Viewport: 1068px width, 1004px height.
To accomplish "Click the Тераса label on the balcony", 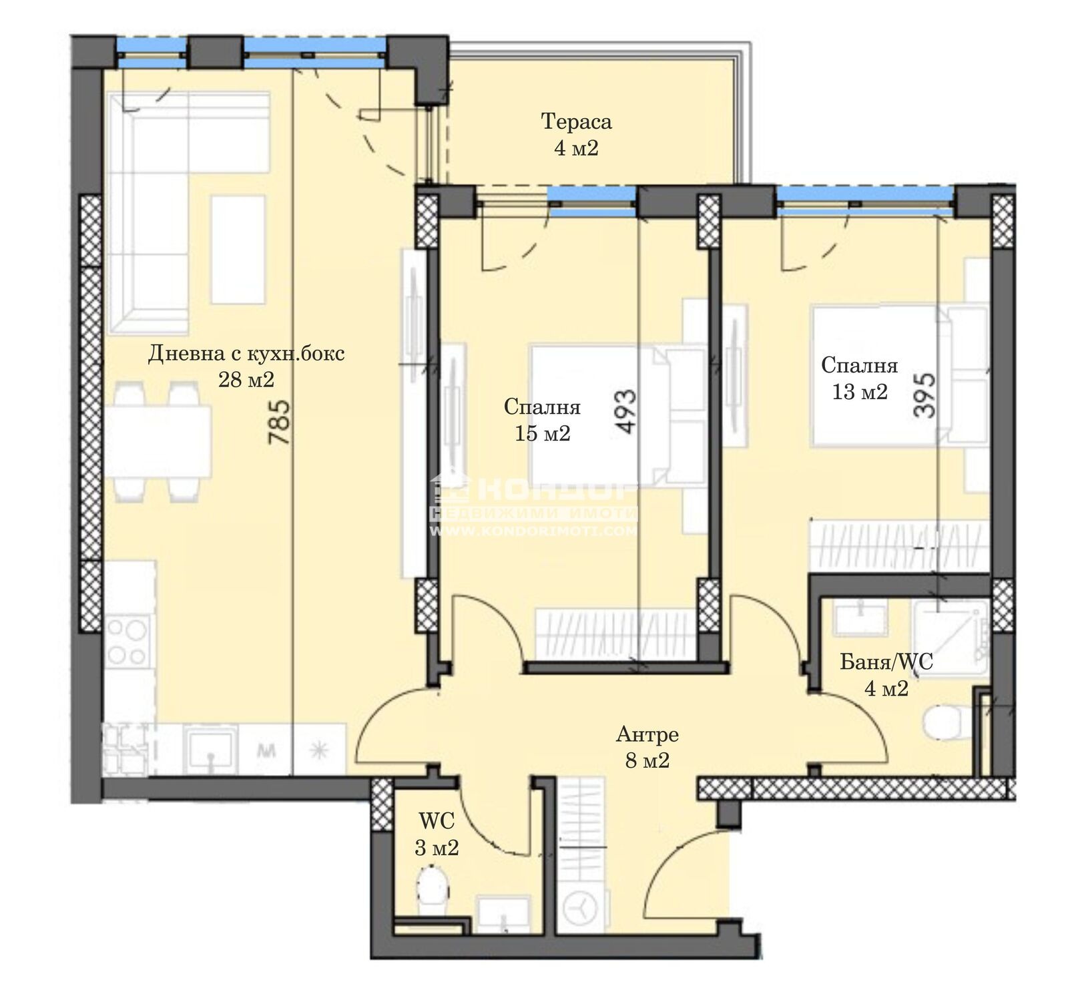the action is [575, 122].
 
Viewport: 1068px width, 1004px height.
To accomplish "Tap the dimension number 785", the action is [279, 422].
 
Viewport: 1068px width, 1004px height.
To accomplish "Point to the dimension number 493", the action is [627, 412].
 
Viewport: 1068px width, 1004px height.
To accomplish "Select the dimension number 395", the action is [924, 396].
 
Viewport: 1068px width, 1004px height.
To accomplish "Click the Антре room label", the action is [647, 735].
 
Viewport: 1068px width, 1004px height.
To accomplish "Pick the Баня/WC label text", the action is [886, 662].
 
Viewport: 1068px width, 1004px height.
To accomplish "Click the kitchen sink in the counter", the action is [211, 749].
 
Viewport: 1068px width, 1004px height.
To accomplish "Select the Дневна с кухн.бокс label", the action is [246, 352].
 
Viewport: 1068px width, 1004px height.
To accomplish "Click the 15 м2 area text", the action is [542, 434].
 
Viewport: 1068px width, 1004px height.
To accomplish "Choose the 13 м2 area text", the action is [860, 392].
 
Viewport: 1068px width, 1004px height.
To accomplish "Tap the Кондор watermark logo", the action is [535, 505].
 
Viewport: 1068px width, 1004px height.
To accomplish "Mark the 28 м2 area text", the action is [246, 380].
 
